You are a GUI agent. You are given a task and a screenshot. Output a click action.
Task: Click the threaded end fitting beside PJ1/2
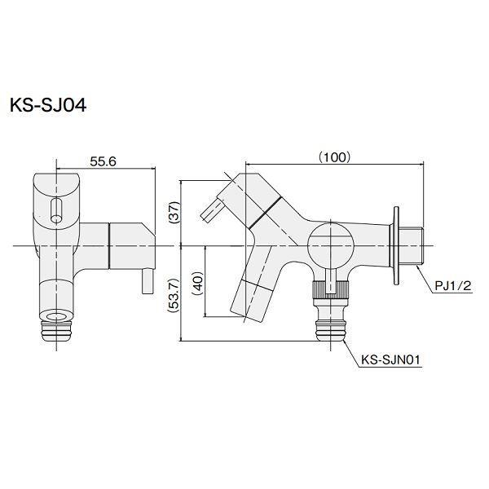tap(413, 245)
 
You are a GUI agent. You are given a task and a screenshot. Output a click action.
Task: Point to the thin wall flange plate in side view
tap(396, 245)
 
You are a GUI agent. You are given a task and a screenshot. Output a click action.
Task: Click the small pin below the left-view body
tap(148, 284)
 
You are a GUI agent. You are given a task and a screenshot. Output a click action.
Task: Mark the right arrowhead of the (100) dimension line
tap(422, 165)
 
